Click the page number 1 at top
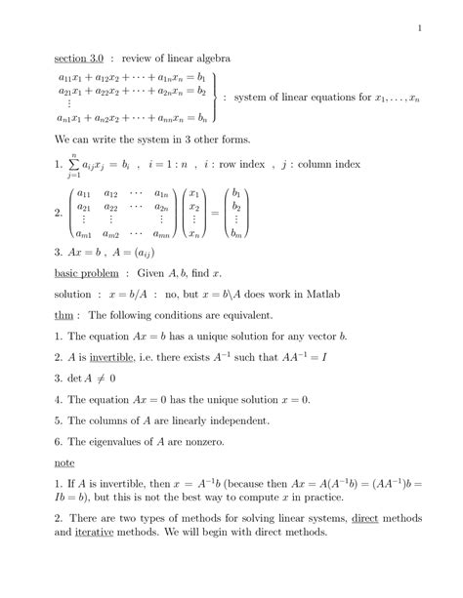click(x=419, y=27)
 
